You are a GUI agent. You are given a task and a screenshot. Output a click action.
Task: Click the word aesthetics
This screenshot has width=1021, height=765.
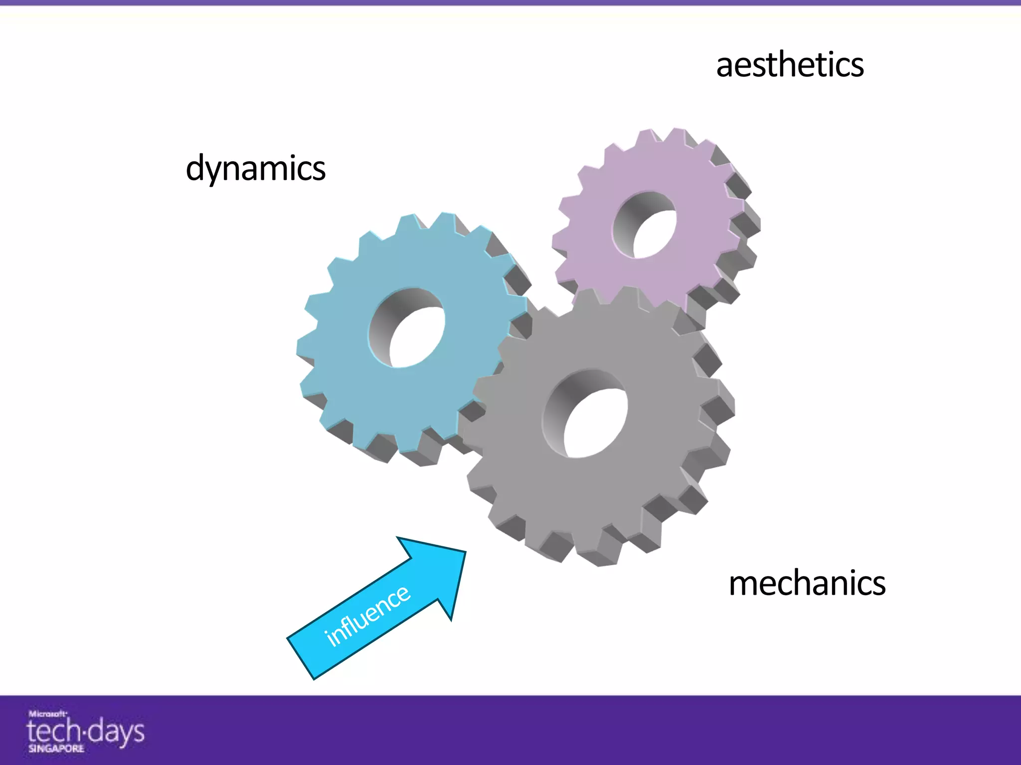790,66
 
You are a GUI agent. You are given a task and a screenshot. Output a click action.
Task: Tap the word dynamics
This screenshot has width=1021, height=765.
255,168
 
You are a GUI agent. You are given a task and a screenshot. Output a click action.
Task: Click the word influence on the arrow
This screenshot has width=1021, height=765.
368,616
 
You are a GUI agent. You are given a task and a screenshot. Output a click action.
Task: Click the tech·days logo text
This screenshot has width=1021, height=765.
85,731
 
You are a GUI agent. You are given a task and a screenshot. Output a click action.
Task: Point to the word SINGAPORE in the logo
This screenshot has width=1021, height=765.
56,749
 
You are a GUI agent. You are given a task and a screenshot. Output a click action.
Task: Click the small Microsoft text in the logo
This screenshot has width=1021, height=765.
47,714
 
